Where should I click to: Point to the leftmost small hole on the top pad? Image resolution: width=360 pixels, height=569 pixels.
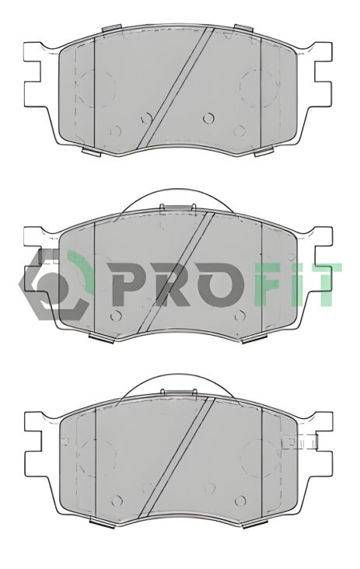click(115, 131)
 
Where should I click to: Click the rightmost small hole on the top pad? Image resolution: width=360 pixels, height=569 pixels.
click(208, 118)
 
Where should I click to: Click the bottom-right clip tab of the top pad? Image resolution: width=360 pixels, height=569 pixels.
click(264, 152)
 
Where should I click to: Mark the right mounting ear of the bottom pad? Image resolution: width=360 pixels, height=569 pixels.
click(325, 443)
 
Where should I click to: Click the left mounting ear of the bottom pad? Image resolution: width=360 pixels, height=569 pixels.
click(33, 443)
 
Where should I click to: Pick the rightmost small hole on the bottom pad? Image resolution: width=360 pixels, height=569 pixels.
click(209, 487)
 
